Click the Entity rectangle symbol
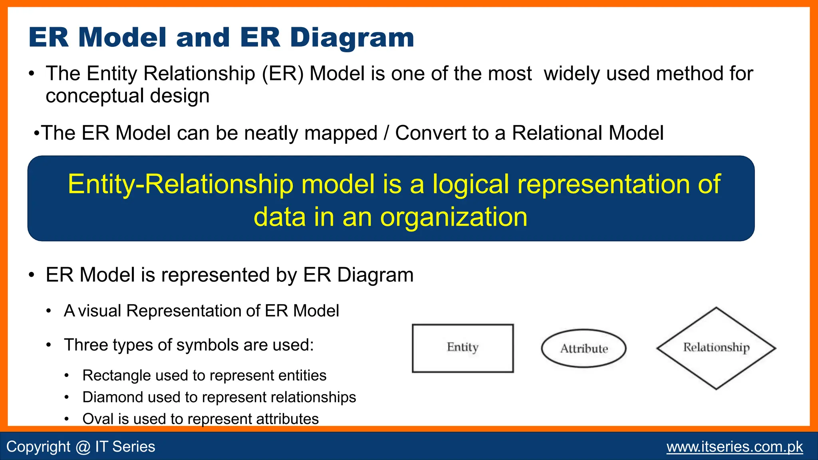click(x=463, y=348)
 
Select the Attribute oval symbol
click(x=584, y=349)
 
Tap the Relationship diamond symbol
click(x=716, y=348)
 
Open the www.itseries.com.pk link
click(x=735, y=446)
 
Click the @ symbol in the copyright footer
click(x=83, y=447)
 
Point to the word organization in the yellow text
click(x=453, y=217)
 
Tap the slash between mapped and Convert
click(x=386, y=133)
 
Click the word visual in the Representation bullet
click(x=99, y=311)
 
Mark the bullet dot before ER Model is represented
click(x=32, y=276)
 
